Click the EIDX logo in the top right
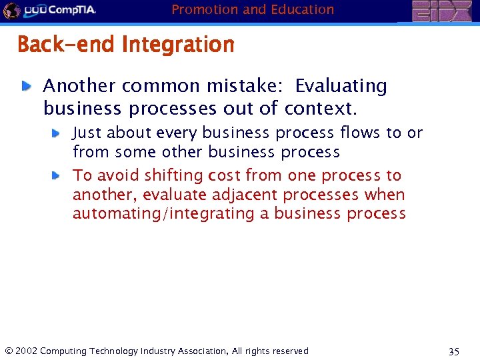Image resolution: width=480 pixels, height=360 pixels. click(x=441, y=11)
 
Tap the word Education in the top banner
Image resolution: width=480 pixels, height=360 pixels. click(x=298, y=9)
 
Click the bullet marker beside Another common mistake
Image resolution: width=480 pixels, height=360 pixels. click(x=25, y=86)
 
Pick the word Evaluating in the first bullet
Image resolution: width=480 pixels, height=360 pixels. click(x=341, y=87)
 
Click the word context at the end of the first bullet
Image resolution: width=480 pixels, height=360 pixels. click(x=321, y=108)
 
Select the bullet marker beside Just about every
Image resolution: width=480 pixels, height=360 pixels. click(x=57, y=133)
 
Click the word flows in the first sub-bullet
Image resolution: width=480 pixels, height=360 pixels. click(x=361, y=133)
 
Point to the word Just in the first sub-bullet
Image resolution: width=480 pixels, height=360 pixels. click(x=87, y=133)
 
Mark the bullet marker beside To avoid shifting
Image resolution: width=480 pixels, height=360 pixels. click(x=57, y=175)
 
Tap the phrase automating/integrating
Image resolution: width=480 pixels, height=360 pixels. click(x=159, y=214)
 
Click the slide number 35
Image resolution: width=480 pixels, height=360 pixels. click(x=454, y=351)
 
